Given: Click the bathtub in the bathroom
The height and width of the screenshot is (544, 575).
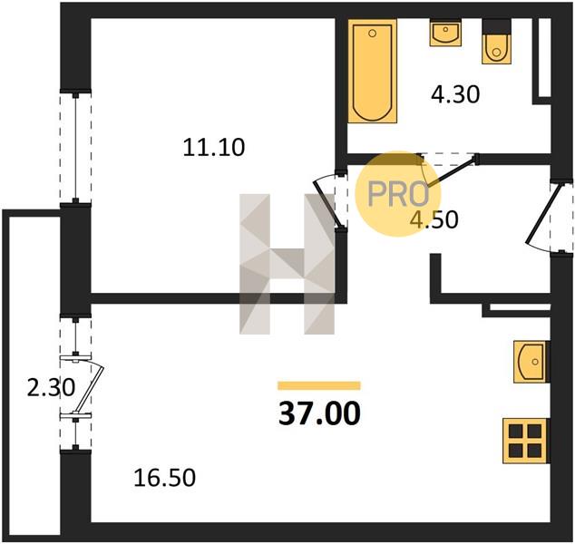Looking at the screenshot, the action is pos(372,71).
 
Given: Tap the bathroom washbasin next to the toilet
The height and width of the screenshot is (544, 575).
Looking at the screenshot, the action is pos(445,33).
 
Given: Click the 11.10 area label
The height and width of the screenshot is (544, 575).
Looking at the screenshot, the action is pos(214,148).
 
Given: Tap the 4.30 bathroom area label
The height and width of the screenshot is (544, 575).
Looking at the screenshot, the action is pos(455,94).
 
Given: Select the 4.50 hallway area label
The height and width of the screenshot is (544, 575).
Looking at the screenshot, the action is pos(434,220).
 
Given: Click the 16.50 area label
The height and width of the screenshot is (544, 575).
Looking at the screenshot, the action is pos(165,478).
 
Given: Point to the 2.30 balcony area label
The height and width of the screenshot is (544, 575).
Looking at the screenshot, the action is pos(51,388).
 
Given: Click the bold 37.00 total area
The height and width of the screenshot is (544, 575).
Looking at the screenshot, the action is pos(319,413).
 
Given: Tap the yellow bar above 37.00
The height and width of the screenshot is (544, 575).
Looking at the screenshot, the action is pos(319,385).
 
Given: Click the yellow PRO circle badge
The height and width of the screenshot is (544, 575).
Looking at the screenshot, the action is pos(398,193).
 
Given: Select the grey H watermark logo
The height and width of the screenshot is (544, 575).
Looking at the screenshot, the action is pos(287,264).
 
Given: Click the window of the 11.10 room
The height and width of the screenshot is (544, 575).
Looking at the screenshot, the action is pos(75,147).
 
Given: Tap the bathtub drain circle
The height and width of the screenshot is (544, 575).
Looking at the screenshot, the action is pos(372,34).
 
